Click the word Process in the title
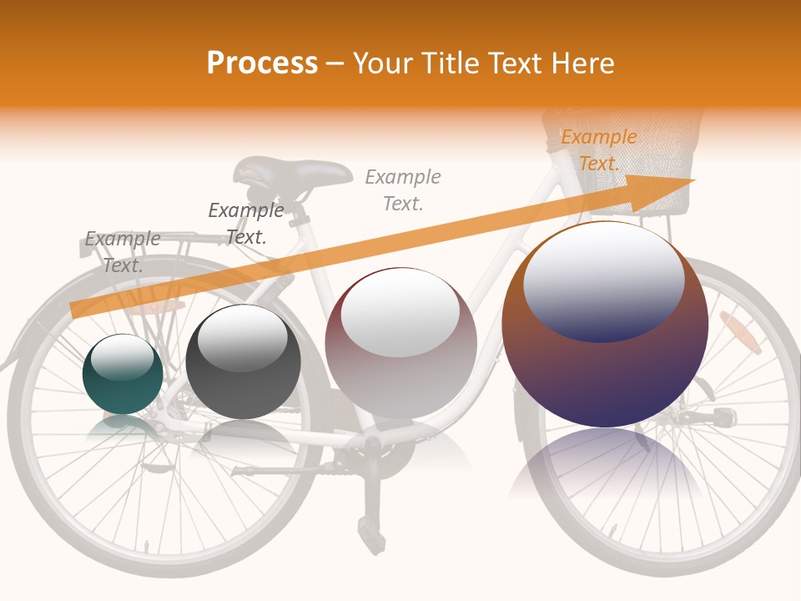(x=262, y=63)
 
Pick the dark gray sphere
(x=243, y=362)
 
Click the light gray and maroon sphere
(x=400, y=343)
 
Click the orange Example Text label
(x=598, y=150)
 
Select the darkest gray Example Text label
(x=246, y=223)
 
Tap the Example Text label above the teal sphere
(x=123, y=251)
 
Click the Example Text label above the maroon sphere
(x=403, y=189)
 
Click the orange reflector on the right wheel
(x=741, y=332)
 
